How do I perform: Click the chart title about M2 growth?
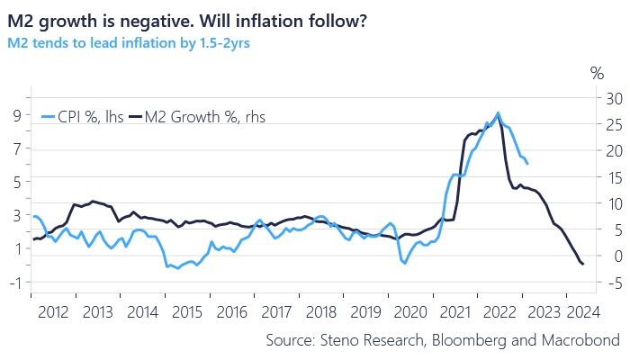coord(185,19)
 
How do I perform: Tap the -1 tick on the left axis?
coord(15,282)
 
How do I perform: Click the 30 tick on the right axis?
coord(614,97)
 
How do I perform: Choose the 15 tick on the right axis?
coord(614,177)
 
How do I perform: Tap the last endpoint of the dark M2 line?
coord(583,264)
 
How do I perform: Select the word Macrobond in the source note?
coord(580,340)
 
